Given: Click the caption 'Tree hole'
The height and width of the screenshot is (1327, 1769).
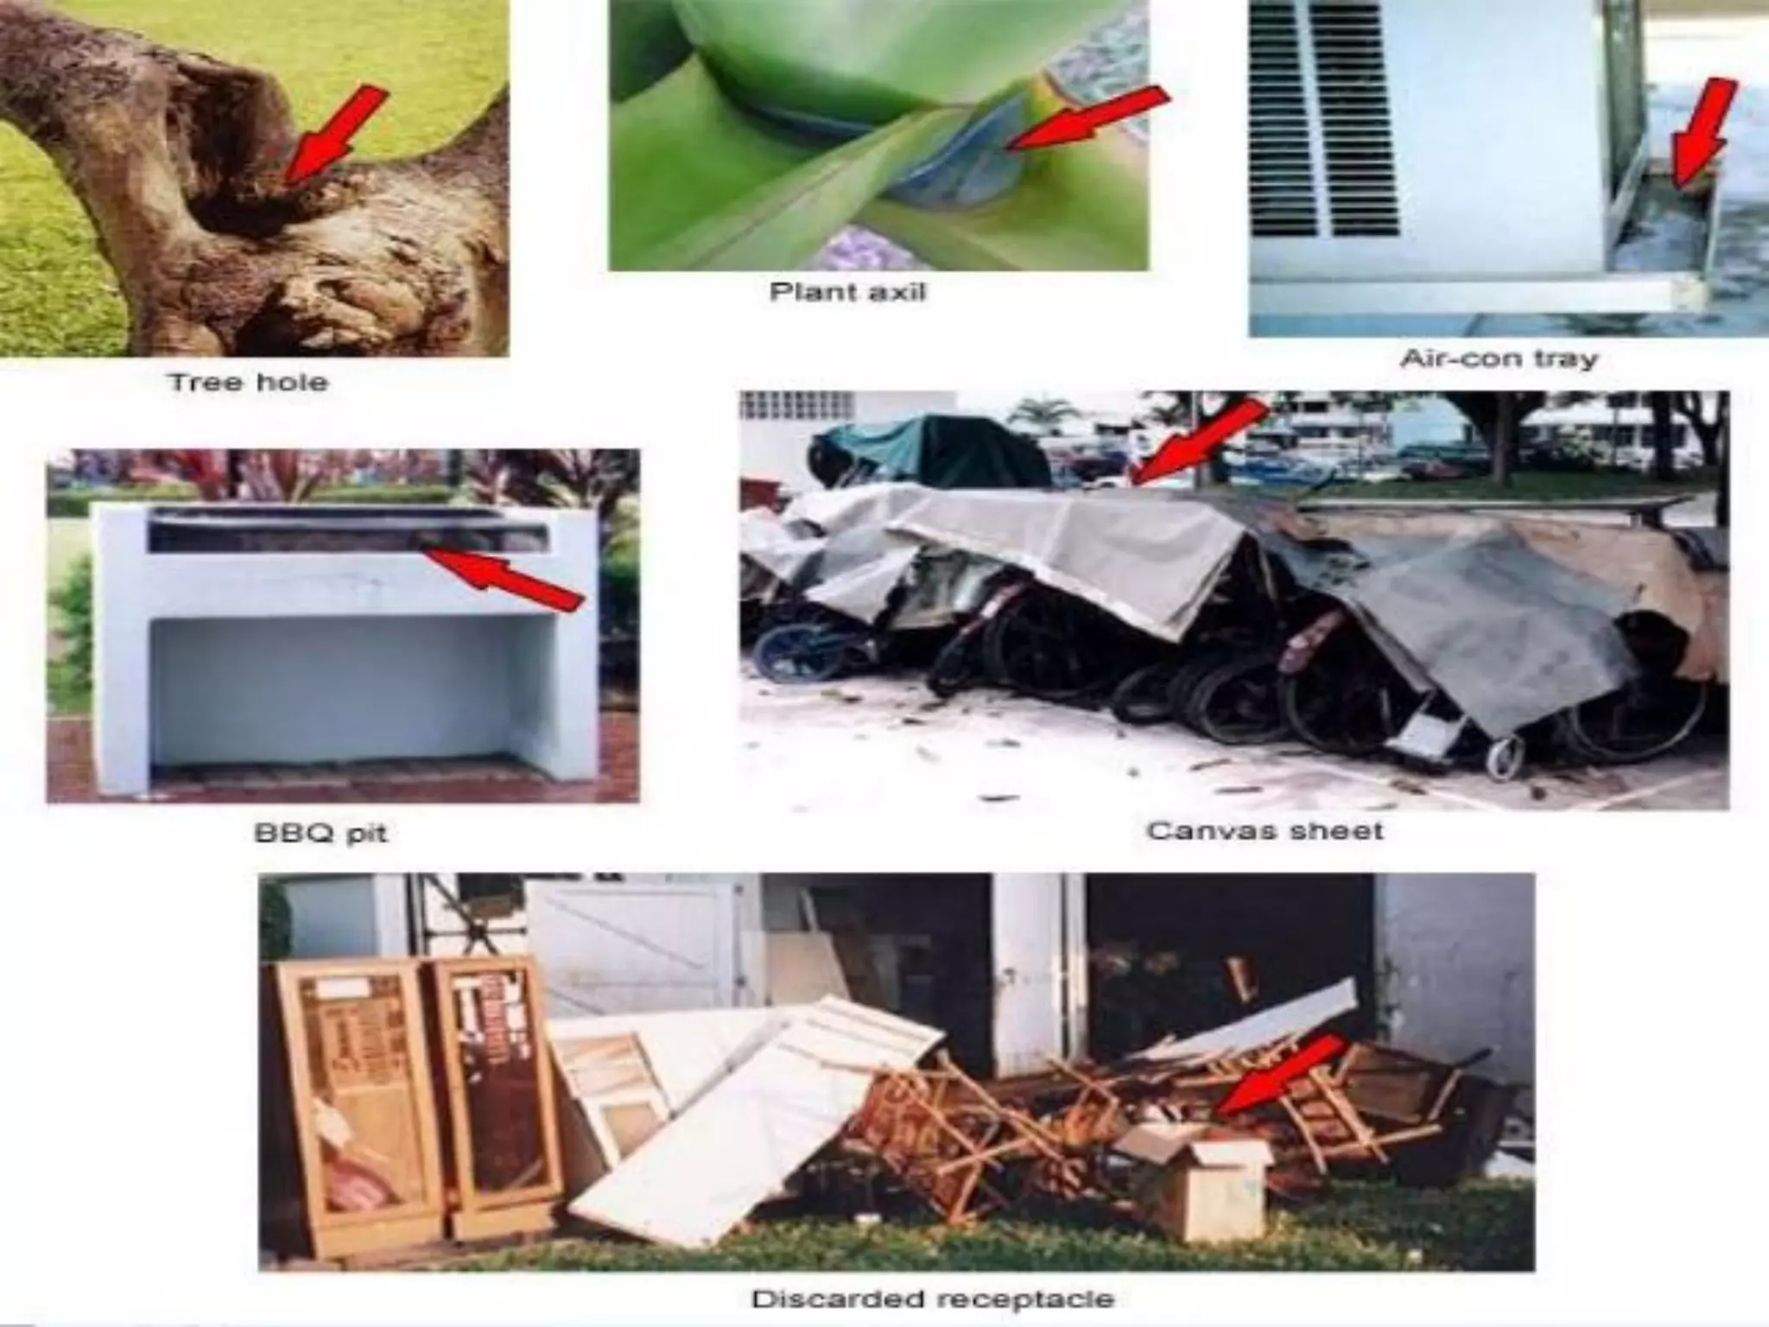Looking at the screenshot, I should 249,382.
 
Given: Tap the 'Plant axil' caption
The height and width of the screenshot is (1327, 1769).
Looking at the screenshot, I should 847,292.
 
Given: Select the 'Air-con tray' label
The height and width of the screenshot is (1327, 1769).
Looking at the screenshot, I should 1499,359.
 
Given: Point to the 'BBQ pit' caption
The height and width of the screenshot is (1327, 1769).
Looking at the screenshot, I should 320,834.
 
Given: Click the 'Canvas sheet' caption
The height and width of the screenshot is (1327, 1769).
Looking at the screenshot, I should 1265,831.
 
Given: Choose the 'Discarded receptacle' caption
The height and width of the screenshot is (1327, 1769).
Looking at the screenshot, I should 933,1298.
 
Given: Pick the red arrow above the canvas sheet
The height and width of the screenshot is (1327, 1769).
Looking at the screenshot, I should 1201,441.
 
